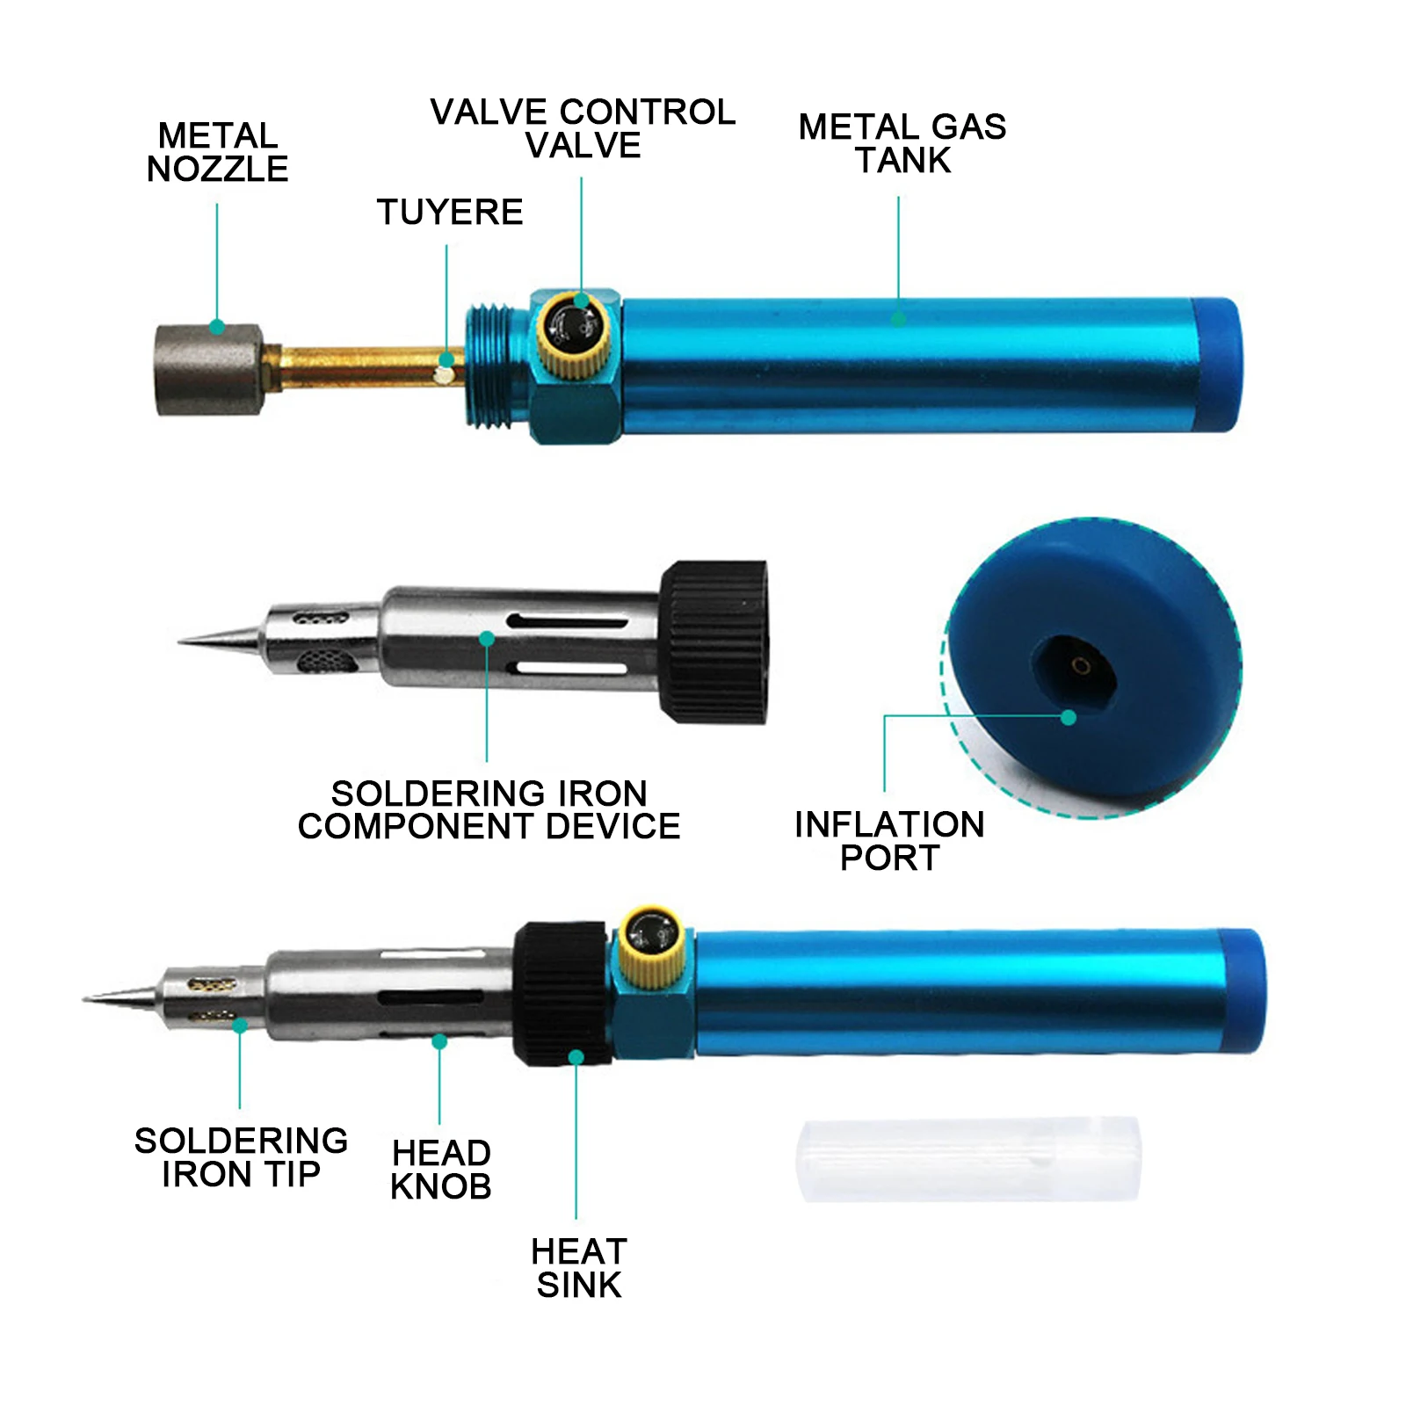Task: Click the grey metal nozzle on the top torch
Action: pos(209,369)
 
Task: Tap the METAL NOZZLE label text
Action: pos(217,152)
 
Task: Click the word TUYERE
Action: pos(450,212)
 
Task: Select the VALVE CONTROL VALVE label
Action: pos(583,128)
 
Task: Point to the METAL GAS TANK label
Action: pos(902,143)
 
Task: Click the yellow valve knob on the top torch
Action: pos(572,334)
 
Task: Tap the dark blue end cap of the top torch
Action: pos(1220,365)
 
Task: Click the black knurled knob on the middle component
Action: pos(714,641)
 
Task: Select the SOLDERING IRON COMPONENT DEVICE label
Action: pos(489,809)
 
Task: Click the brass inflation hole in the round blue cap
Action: pos(1081,666)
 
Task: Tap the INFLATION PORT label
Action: pos(889,840)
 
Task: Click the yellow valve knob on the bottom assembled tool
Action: pos(651,945)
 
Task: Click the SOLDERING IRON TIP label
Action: pos(241,1156)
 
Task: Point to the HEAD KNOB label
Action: pos(440,1169)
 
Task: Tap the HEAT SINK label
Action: pos(579,1267)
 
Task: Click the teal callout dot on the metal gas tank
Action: pos(898,318)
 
